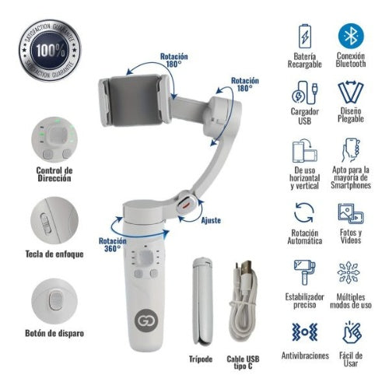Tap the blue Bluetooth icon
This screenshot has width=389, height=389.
click(351, 36)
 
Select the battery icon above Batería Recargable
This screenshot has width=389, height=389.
click(305, 36)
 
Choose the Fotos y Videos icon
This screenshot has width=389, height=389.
click(351, 212)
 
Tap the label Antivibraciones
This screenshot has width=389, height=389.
click(304, 356)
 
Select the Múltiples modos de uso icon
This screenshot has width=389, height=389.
click(351, 272)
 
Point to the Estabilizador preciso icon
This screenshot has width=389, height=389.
click(305, 272)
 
